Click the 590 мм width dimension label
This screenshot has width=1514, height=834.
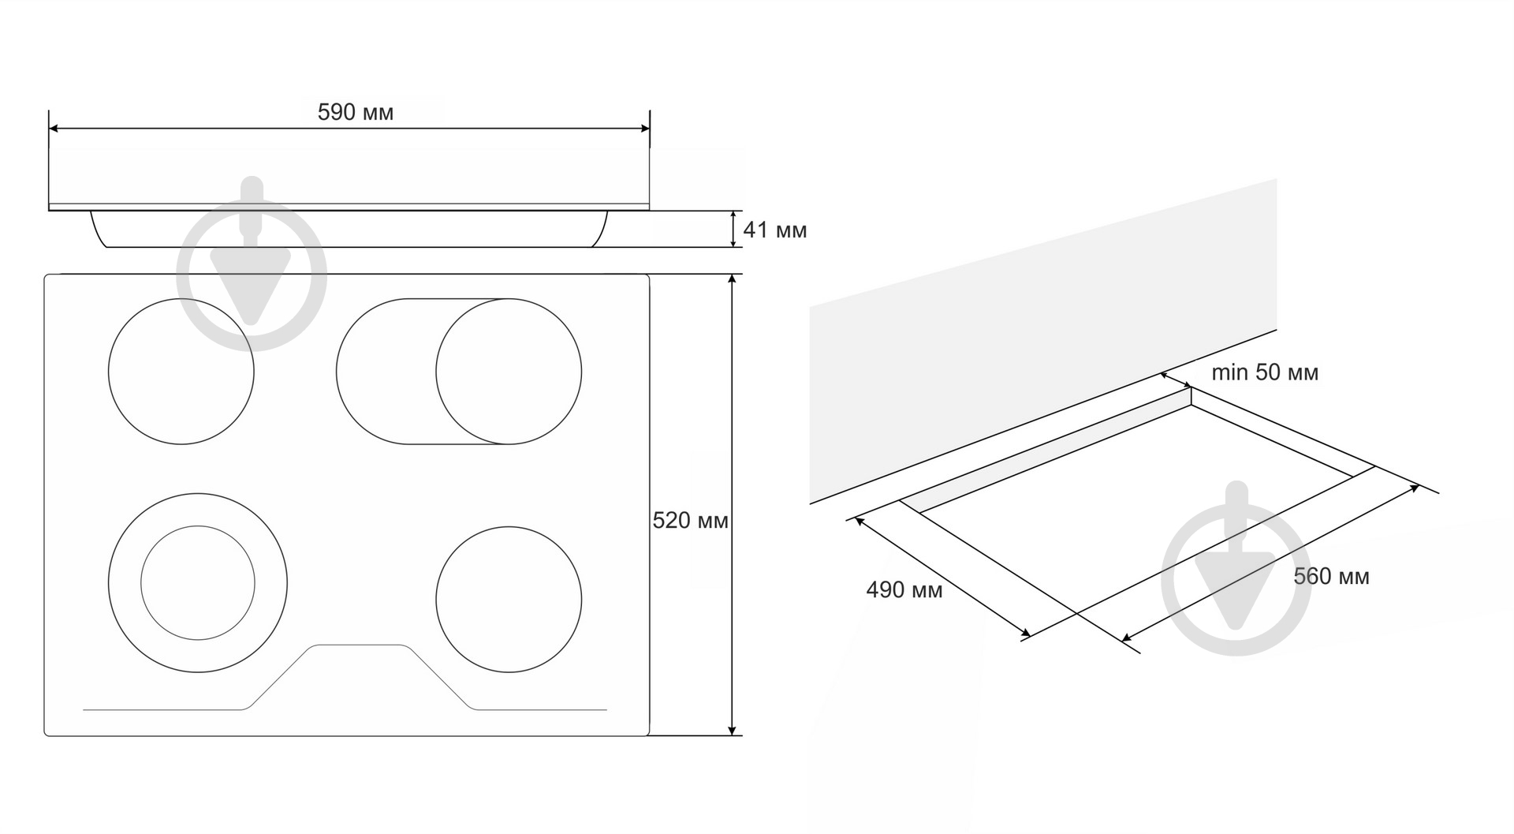pyautogui.click(x=355, y=112)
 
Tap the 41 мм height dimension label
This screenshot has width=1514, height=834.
pyautogui.click(x=775, y=230)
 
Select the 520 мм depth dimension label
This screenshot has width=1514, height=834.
pyautogui.click(x=691, y=521)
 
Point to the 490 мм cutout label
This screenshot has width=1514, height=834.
pyautogui.click(x=904, y=590)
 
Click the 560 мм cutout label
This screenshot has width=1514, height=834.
pyautogui.click(x=1332, y=577)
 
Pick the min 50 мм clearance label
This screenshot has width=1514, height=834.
pyautogui.click(x=1265, y=372)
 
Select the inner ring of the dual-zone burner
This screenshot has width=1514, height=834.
pyautogui.click(x=198, y=526)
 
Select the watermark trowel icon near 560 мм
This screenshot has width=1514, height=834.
pyautogui.click(x=1236, y=568)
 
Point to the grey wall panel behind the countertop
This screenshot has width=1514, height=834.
pyautogui.click(x=1042, y=341)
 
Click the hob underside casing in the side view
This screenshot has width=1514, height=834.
pyautogui.click(x=349, y=229)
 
